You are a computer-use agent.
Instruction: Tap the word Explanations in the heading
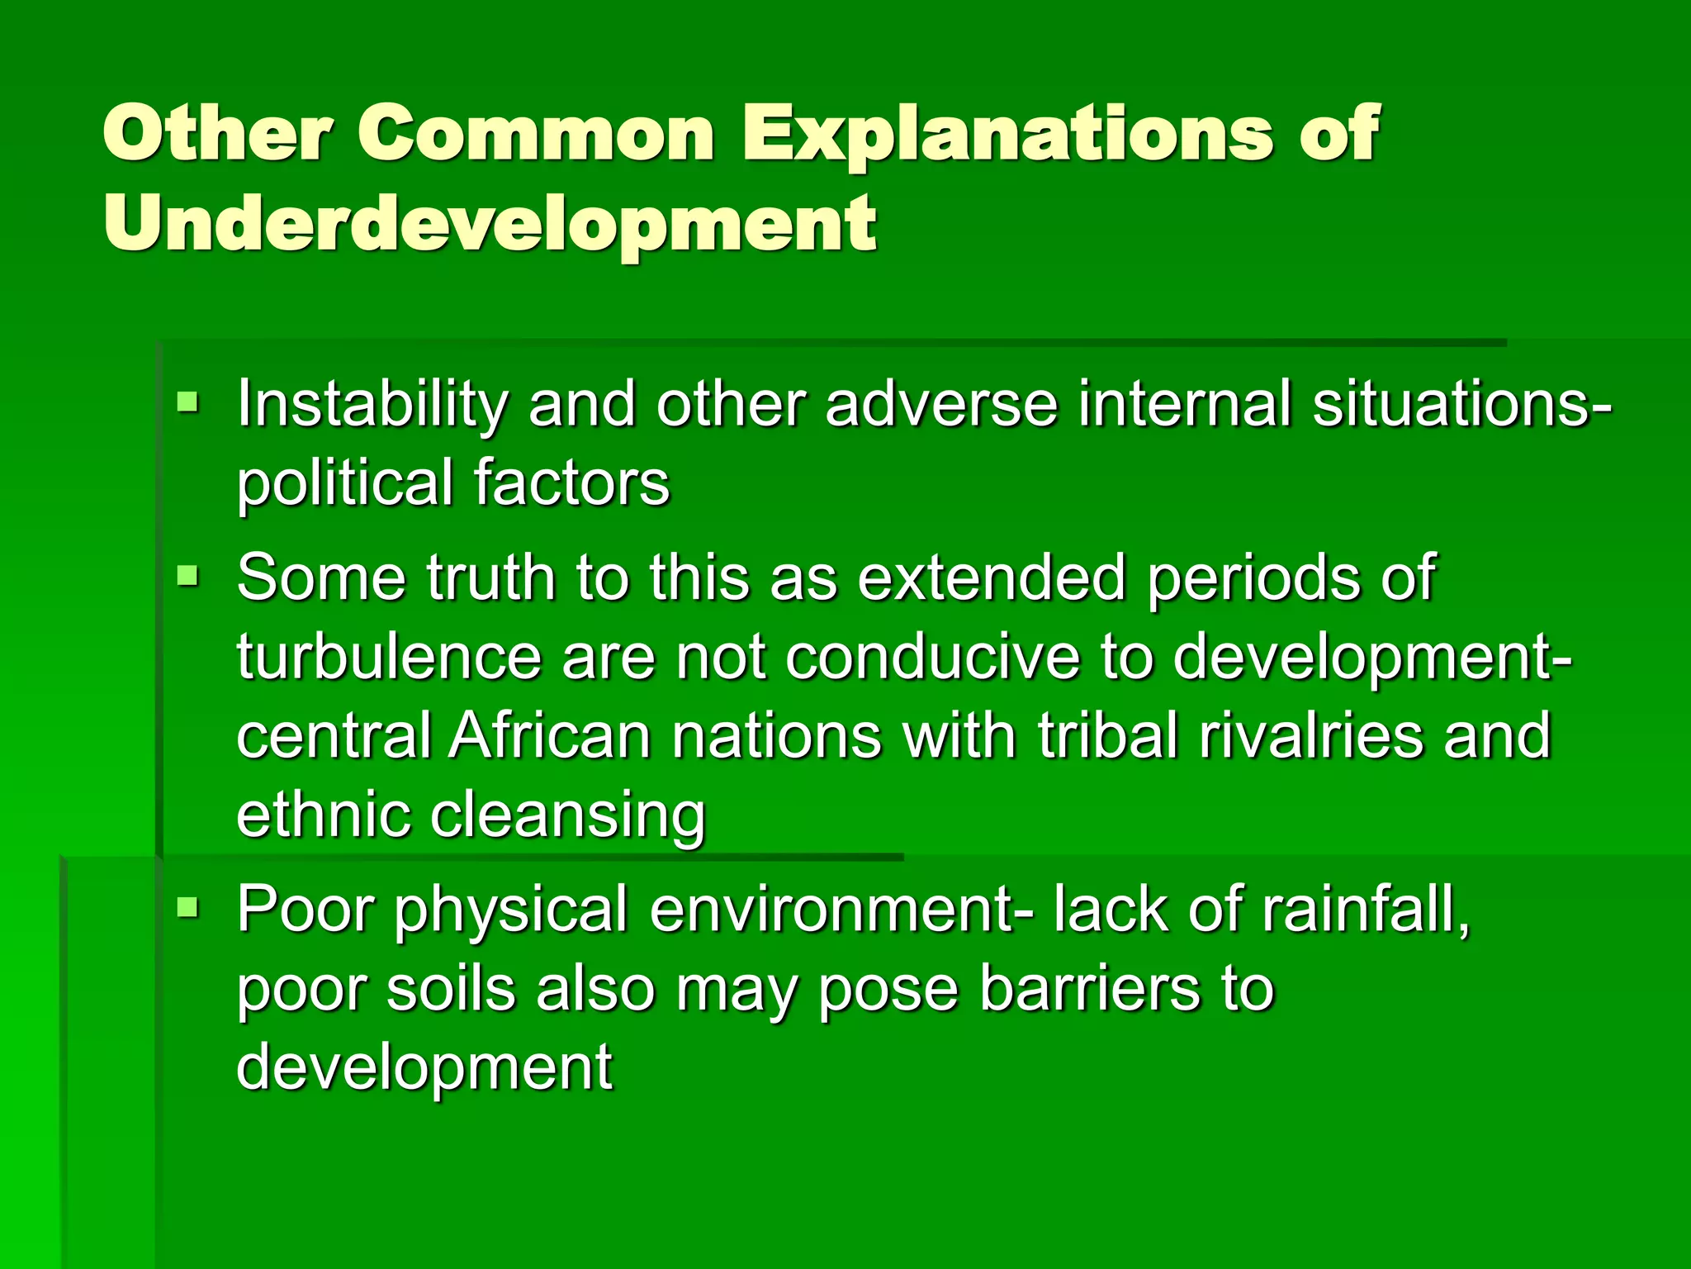[x=1007, y=133]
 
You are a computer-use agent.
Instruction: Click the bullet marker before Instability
[x=188, y=404]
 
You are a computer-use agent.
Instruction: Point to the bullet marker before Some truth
[x=188, y=575]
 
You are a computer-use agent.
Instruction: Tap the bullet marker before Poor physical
[x=188, y=909]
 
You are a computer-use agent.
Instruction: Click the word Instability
[x=372, y=406]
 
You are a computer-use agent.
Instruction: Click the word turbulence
[x=389, y=657]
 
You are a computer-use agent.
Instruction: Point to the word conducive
[x=932, y=657]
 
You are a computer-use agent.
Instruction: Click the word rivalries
[x=1312, y=735]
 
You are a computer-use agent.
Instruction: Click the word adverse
[x=941, y=406]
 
